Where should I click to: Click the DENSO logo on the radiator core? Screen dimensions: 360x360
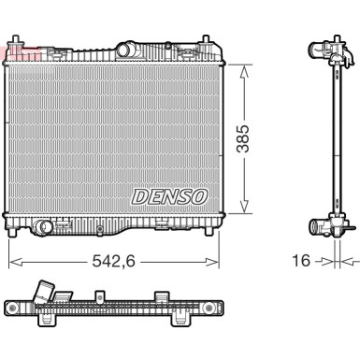[x=169, y=197]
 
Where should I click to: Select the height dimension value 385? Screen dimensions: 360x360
[x=243, y=138]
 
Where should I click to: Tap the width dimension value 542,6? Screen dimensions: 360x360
[x=113, y=261]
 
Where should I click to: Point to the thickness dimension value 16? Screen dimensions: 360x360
[x=301, y=261]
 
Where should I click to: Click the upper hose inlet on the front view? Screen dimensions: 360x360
[x=124, y=50]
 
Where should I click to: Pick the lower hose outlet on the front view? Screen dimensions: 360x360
[x=42, y=226]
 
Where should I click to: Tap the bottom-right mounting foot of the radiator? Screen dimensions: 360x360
[x=209, y=232]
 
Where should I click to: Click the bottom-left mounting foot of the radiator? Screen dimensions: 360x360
[x=13, y=233]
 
